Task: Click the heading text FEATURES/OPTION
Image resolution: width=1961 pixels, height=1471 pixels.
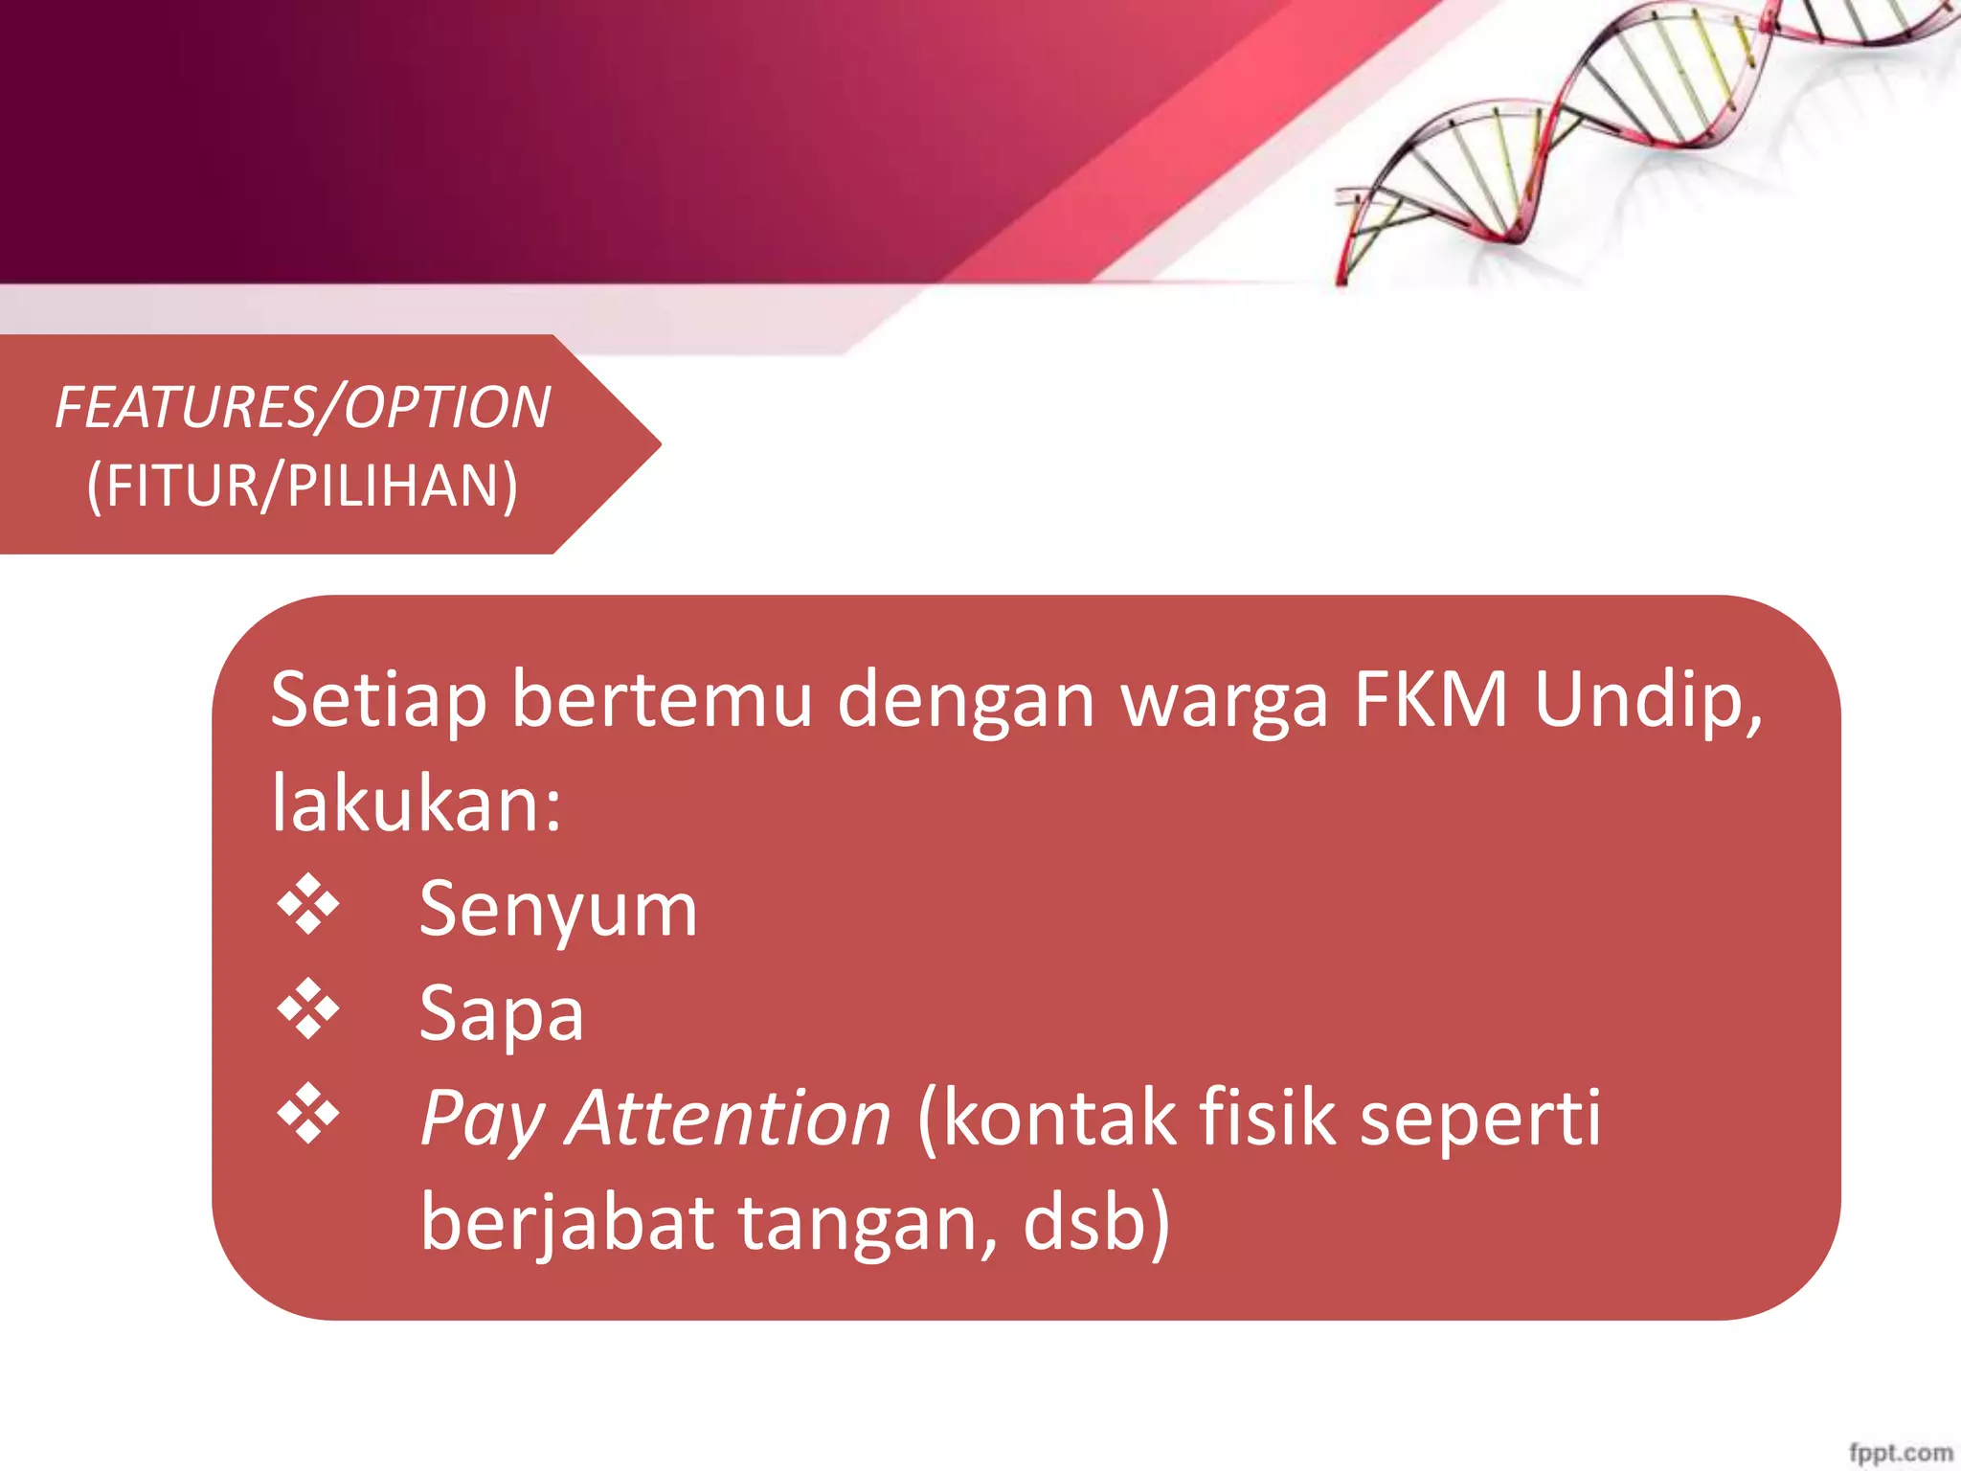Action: pos(303,408)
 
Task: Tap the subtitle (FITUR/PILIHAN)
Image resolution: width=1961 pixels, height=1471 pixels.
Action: pos(303,486)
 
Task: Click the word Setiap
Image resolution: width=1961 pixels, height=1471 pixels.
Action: pos(378,701)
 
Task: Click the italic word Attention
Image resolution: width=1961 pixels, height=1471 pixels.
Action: pos(728,1118)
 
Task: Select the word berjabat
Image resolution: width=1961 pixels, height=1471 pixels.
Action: pos(568,1224)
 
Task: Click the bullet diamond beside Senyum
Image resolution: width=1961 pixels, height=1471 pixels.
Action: pos(308,904)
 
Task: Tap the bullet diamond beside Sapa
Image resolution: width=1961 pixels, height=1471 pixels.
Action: pos(308,1008)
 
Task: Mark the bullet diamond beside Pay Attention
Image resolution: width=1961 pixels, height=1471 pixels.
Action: pos(308,1113)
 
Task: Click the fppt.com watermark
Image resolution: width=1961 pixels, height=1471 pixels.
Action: pos(1900,1452)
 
